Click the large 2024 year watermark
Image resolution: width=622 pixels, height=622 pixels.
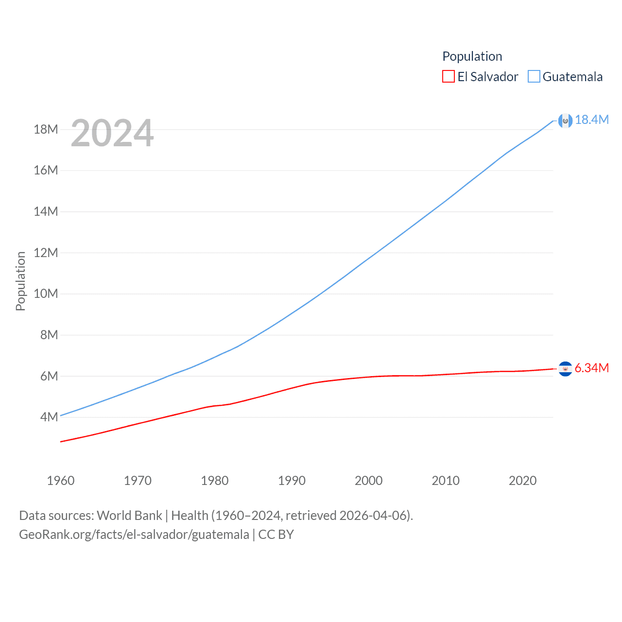(x=112, y=133)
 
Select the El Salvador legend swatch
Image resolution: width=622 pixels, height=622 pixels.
(x=448, y=77)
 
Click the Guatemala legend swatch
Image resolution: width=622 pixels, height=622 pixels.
(x=534, y=77)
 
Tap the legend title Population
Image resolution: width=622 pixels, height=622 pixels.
(x=472, y=56)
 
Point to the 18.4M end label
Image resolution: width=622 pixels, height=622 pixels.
(x=591, y=120)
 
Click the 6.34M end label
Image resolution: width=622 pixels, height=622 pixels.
(x=591, y=368)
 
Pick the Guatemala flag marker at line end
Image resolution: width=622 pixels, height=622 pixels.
(x=565, y=121)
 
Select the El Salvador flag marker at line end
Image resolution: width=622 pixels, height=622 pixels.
(x=565, y=369)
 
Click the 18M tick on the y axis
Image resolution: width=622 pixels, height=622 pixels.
(x=46, y=129)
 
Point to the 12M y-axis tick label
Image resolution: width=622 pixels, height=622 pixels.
(x=46, y=253)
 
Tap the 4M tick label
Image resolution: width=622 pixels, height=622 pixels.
(x=49, y=417)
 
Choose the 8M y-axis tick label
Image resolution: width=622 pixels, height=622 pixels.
(x=49, y=335)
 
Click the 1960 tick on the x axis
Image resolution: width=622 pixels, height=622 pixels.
(x=61, y=481)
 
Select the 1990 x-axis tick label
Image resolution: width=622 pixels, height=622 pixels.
(x=292, y=481)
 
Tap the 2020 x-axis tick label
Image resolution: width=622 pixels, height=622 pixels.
(x=522, y=481)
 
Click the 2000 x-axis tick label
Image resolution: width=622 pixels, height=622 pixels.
(x=368, y=481)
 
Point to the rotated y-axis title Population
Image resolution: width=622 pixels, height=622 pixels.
(x=20, y=281)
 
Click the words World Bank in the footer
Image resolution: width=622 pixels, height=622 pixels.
(x=129, y=516)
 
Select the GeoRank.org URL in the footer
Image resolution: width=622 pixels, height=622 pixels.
(x=134, y=535)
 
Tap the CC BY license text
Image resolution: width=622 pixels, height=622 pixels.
(x=276, y=535)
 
